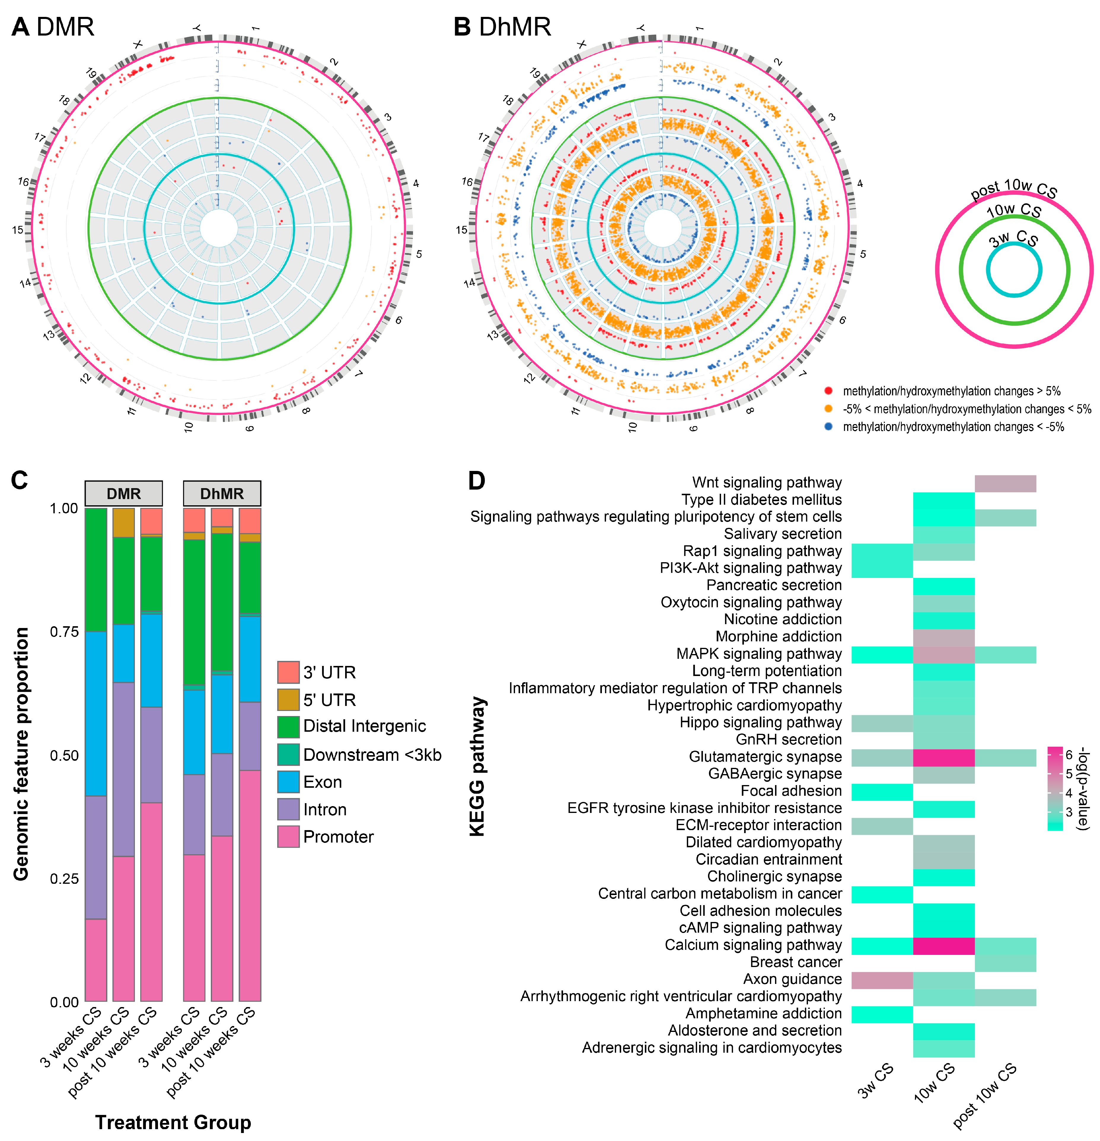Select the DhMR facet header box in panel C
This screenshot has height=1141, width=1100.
click(x=222, y=494)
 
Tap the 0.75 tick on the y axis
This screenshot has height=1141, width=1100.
click(x=63, y=632)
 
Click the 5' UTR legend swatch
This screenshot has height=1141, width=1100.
click(x=288, y=700)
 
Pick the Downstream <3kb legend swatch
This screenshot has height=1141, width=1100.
click(x=288, y=755)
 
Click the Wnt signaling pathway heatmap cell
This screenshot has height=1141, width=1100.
click(x=1005, y=483)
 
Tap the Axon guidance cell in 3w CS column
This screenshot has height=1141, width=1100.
click(x=881, y=980)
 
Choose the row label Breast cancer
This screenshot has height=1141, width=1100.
click(x=795, y=962)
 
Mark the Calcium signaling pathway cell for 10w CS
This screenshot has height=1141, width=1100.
click(x=943, y=945)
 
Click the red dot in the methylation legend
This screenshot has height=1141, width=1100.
click(x=828, y=391)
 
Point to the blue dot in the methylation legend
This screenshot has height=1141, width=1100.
click(x=828, y=427)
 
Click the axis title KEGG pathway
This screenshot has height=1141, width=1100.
click(x=477, y=766)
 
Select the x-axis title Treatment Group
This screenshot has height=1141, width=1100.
click(x=173, y=1122)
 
